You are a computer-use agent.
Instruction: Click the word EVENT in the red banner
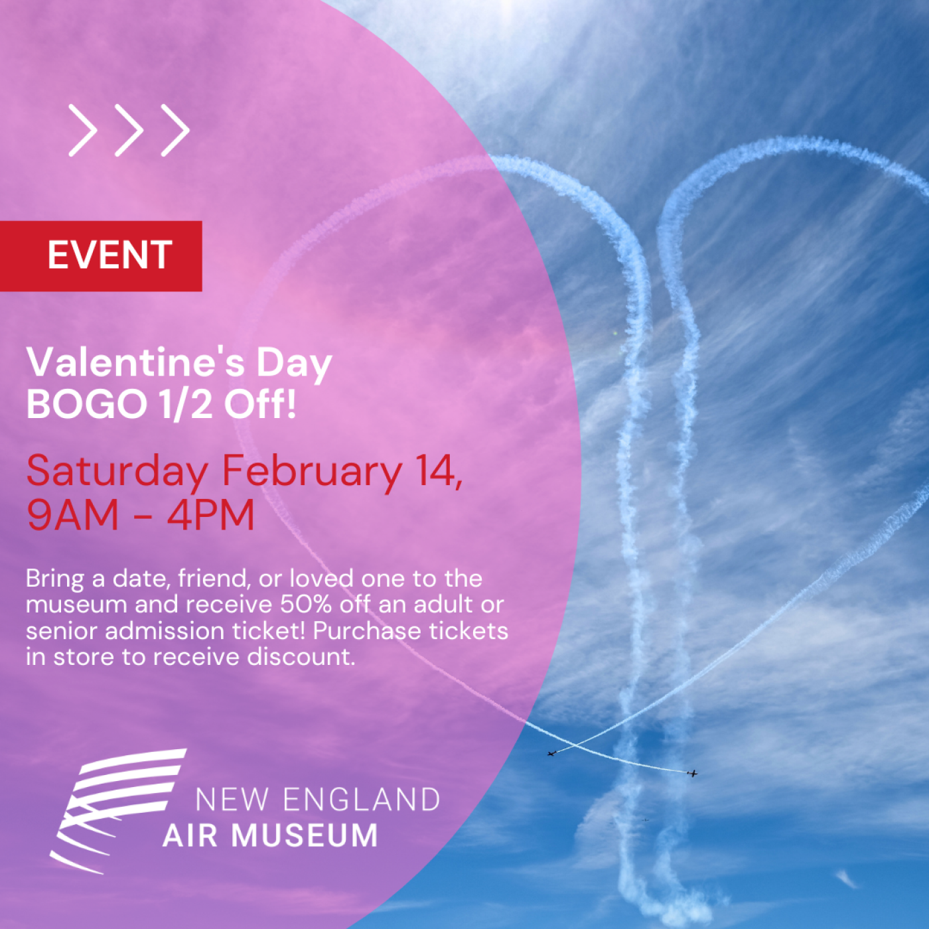(x=110, y=255)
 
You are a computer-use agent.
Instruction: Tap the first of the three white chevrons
(x=84, y=130)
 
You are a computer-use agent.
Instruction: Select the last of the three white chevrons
(x=175, y=130)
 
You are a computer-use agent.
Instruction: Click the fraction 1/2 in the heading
(x=186, y=403)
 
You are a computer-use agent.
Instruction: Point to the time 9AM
(x=72, y=515)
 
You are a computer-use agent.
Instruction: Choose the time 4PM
(x=210, y=515)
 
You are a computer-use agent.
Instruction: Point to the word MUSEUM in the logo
(x=305, y=835)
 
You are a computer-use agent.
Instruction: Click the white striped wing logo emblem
(x=118, y=812)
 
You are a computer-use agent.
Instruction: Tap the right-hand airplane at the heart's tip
(x=692, y=773)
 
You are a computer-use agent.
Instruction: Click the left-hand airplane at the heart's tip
(x=553, y=753)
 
